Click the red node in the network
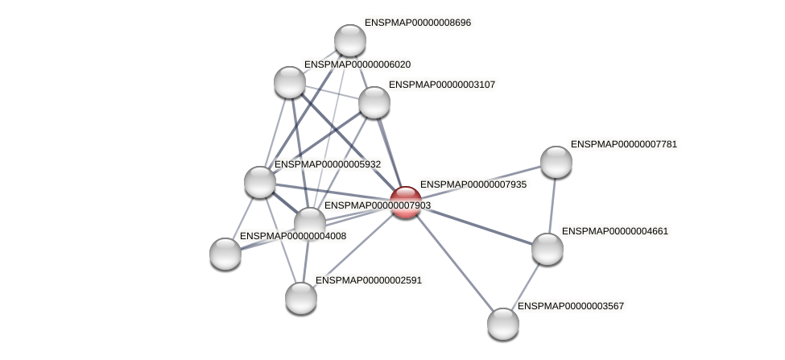click(x=405, y=202)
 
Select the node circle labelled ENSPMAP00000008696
click(x=349, y=40)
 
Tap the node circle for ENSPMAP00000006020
click(x=290, y=82)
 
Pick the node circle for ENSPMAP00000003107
click(x=374, y=102)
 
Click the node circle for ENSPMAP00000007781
click(x=556, y=162)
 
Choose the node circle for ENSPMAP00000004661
click(x=547, y=249)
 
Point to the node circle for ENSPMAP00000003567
click(x=503, y=324)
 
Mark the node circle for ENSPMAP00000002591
click(x=301, y=298)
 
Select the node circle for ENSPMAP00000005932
click(x=260, y=182)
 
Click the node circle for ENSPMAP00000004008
click(x=225, y=254)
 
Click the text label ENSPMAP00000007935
click(x=473, y=184)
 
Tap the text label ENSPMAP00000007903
click(x=377, y=205)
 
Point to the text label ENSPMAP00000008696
click(x=417, y=23)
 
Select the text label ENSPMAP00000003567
click(x=570, y=306)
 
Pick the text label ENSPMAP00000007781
click(x=623, y=144)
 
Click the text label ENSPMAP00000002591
click(x=368, y=280)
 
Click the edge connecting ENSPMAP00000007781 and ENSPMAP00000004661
click(x=552, y=205)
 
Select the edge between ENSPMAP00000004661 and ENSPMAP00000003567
click(x=526, y=286)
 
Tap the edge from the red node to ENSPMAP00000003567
click(x=454, y=263)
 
